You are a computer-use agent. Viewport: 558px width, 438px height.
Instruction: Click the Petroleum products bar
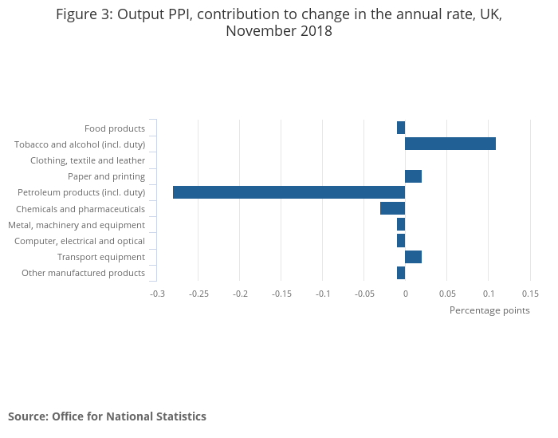click(x=289, y=192)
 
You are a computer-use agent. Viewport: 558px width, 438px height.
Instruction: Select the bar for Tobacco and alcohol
click(x=450, y=144)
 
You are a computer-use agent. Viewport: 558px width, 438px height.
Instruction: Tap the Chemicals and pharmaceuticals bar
click(x=392, y=208)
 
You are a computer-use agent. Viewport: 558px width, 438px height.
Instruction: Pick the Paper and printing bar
click(x=413, y=176)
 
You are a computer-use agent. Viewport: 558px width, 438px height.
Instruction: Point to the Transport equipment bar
click(x=413, y=257)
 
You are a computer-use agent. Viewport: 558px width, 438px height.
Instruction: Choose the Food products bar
click(x=401, y=128)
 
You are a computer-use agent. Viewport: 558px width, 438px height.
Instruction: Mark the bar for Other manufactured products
click(x=401, y=273)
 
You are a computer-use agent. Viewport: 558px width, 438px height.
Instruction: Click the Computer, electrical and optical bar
click(x=401, y=241)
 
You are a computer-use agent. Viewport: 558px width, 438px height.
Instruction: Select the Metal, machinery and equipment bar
click(x=401, y=225)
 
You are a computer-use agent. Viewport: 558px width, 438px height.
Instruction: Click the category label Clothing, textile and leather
click(x=88, y=160)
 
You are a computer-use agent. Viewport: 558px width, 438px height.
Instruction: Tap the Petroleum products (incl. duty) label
click(x=81, y=192)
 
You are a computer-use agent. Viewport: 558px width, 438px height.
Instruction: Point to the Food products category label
click(x=115, y=128)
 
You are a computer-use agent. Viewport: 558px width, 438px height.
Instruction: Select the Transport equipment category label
click(x=101, y=257)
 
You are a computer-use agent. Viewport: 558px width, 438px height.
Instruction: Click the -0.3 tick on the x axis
click(x=157, y=294)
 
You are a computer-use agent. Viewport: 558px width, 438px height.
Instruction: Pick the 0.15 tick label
click(x=529, y=294)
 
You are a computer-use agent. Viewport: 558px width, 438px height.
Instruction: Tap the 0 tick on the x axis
click(x=405, y=294)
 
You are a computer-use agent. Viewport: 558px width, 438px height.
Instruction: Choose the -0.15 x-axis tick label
click(x=281, y=294)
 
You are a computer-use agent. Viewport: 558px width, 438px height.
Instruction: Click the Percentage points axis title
click(x=489, y=310)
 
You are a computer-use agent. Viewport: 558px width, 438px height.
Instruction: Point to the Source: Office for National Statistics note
click(x=107, y=416)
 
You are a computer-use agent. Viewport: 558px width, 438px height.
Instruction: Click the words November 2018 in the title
click(x=279, y=32)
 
